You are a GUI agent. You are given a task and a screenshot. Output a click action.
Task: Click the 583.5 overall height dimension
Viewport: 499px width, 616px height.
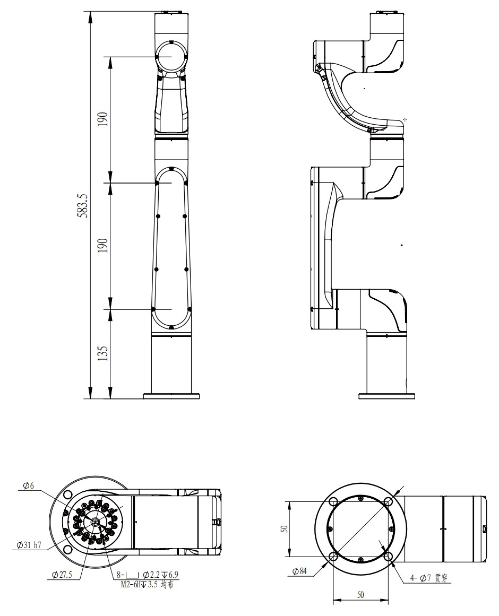[x=83, y=205]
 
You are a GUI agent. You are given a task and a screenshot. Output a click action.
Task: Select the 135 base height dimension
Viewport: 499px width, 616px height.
[x=102, y=353]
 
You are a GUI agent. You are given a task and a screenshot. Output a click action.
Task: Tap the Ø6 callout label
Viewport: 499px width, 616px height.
[x=28, y=486]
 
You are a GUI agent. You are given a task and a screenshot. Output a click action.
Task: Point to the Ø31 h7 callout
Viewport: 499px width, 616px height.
[x=29, y=545]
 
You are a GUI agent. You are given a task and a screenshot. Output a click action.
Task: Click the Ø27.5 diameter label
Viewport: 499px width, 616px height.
[x=62, y=575]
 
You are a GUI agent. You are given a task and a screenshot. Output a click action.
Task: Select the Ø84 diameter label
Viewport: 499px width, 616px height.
[x=299, y=571]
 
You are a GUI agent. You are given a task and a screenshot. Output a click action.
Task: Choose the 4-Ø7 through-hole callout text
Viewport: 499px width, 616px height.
[x=429, y=578]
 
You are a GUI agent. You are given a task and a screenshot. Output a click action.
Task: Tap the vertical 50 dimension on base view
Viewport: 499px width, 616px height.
[x=285, y=528]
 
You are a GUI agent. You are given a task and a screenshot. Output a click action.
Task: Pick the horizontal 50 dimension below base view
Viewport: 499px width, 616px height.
[x=360, y=595]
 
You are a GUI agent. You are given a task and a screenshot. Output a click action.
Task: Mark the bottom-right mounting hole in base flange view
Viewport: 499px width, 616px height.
[x=389, y=556]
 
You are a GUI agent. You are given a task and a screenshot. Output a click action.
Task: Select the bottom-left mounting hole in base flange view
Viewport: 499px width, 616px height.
[x=333, y=556]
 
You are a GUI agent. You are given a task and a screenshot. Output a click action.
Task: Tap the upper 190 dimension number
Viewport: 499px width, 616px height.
[x=102, y=119]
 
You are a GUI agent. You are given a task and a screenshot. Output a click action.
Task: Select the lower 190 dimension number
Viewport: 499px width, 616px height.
[x=102, y=246]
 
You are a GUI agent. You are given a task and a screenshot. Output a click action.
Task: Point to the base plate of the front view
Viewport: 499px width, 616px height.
[x=171, y=396]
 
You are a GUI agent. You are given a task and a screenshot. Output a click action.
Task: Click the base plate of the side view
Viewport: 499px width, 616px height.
[x=386, y=396]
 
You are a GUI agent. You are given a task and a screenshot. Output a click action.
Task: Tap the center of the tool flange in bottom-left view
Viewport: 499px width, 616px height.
[x=96, y=522]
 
